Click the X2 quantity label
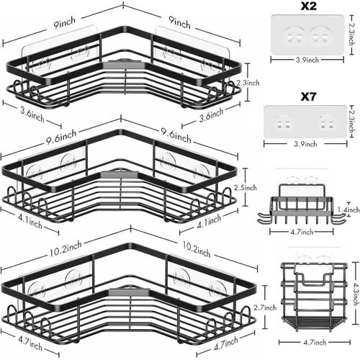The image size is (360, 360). [309, 6]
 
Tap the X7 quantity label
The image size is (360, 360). [308, 96]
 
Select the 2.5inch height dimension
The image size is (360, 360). [246, 187]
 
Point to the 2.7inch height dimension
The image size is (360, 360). [265, 307]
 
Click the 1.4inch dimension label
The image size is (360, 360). [348, 210]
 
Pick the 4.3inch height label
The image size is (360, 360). [356, 294]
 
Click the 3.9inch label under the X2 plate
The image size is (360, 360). [307, 60]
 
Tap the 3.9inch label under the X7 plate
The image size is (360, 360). [305, 144]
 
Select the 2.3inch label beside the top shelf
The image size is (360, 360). [248, 83]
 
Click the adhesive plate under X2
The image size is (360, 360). [307, 34]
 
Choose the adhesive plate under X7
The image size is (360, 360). [305, 122]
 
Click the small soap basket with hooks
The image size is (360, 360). [302, 204]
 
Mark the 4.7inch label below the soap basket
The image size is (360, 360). [302, 232]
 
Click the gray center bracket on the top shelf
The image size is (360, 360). [122, 64]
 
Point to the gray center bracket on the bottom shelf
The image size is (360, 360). [129, 292]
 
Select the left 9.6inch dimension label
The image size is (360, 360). [61, 138]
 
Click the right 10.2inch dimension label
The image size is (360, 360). [197, 250]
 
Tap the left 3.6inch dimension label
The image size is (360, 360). [32, 114]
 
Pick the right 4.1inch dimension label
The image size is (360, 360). [209, 221]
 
